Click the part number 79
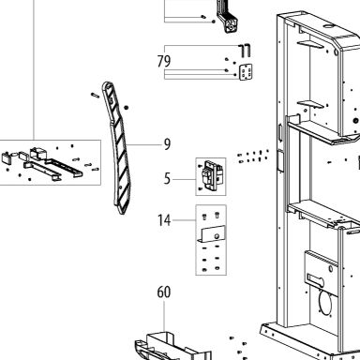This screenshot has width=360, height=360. coord(164,62)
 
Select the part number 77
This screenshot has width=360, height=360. coord(245,52)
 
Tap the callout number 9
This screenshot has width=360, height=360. coord(168,144)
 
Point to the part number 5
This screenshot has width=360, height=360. coord(168,179)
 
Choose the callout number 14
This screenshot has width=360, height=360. coord(164,220)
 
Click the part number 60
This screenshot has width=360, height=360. coord(164,292)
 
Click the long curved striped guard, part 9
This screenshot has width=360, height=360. coord(118,147)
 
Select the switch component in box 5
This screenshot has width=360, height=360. coord(212,175)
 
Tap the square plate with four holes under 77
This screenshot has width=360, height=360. coord(246,72)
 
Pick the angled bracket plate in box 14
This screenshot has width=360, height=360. coord(212,234)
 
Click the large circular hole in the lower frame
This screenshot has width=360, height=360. coord(325,303)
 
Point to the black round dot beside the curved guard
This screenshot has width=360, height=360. coord(127,108)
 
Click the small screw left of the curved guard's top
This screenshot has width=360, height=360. coord(95,95)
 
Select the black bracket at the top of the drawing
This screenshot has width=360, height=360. coord(227,17)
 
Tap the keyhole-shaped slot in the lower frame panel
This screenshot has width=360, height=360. coord(316,277)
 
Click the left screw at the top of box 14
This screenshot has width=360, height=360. coord(205,216)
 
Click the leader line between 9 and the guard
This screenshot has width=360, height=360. coord(144,144)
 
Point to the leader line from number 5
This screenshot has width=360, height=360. coord(185,179)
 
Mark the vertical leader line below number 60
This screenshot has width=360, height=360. coord(164,316)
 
